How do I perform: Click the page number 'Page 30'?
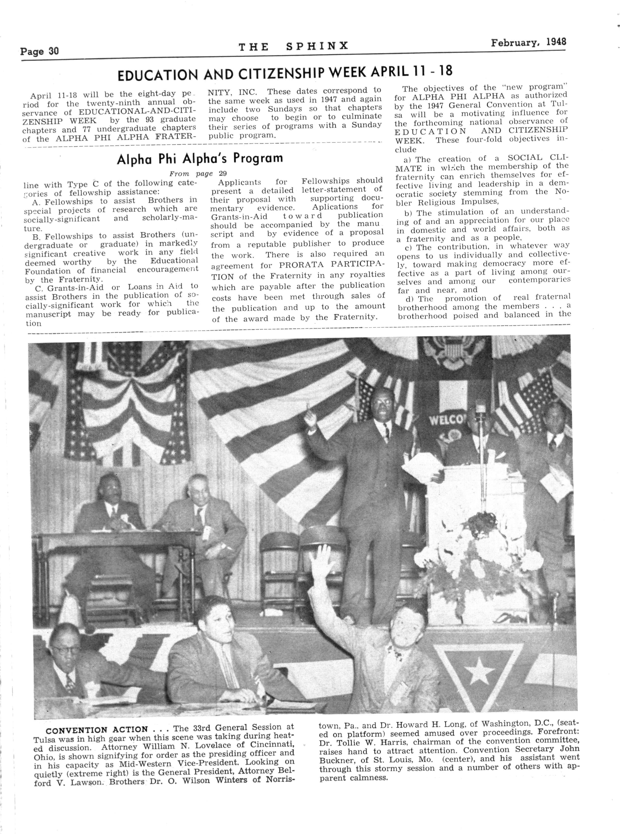tap(39, 51)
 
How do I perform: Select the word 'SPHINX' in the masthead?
tap(317, 46)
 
